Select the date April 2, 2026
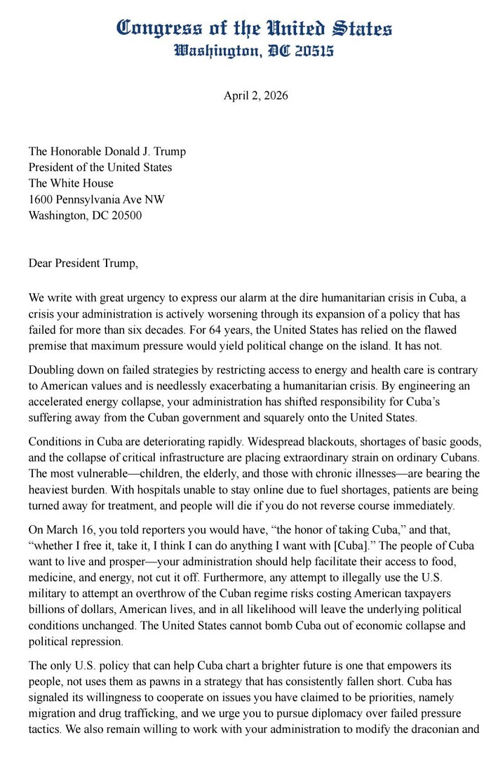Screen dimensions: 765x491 click(255, 96)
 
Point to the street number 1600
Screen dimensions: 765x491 click(41, 199)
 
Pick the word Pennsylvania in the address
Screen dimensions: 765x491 click(95, 199)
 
